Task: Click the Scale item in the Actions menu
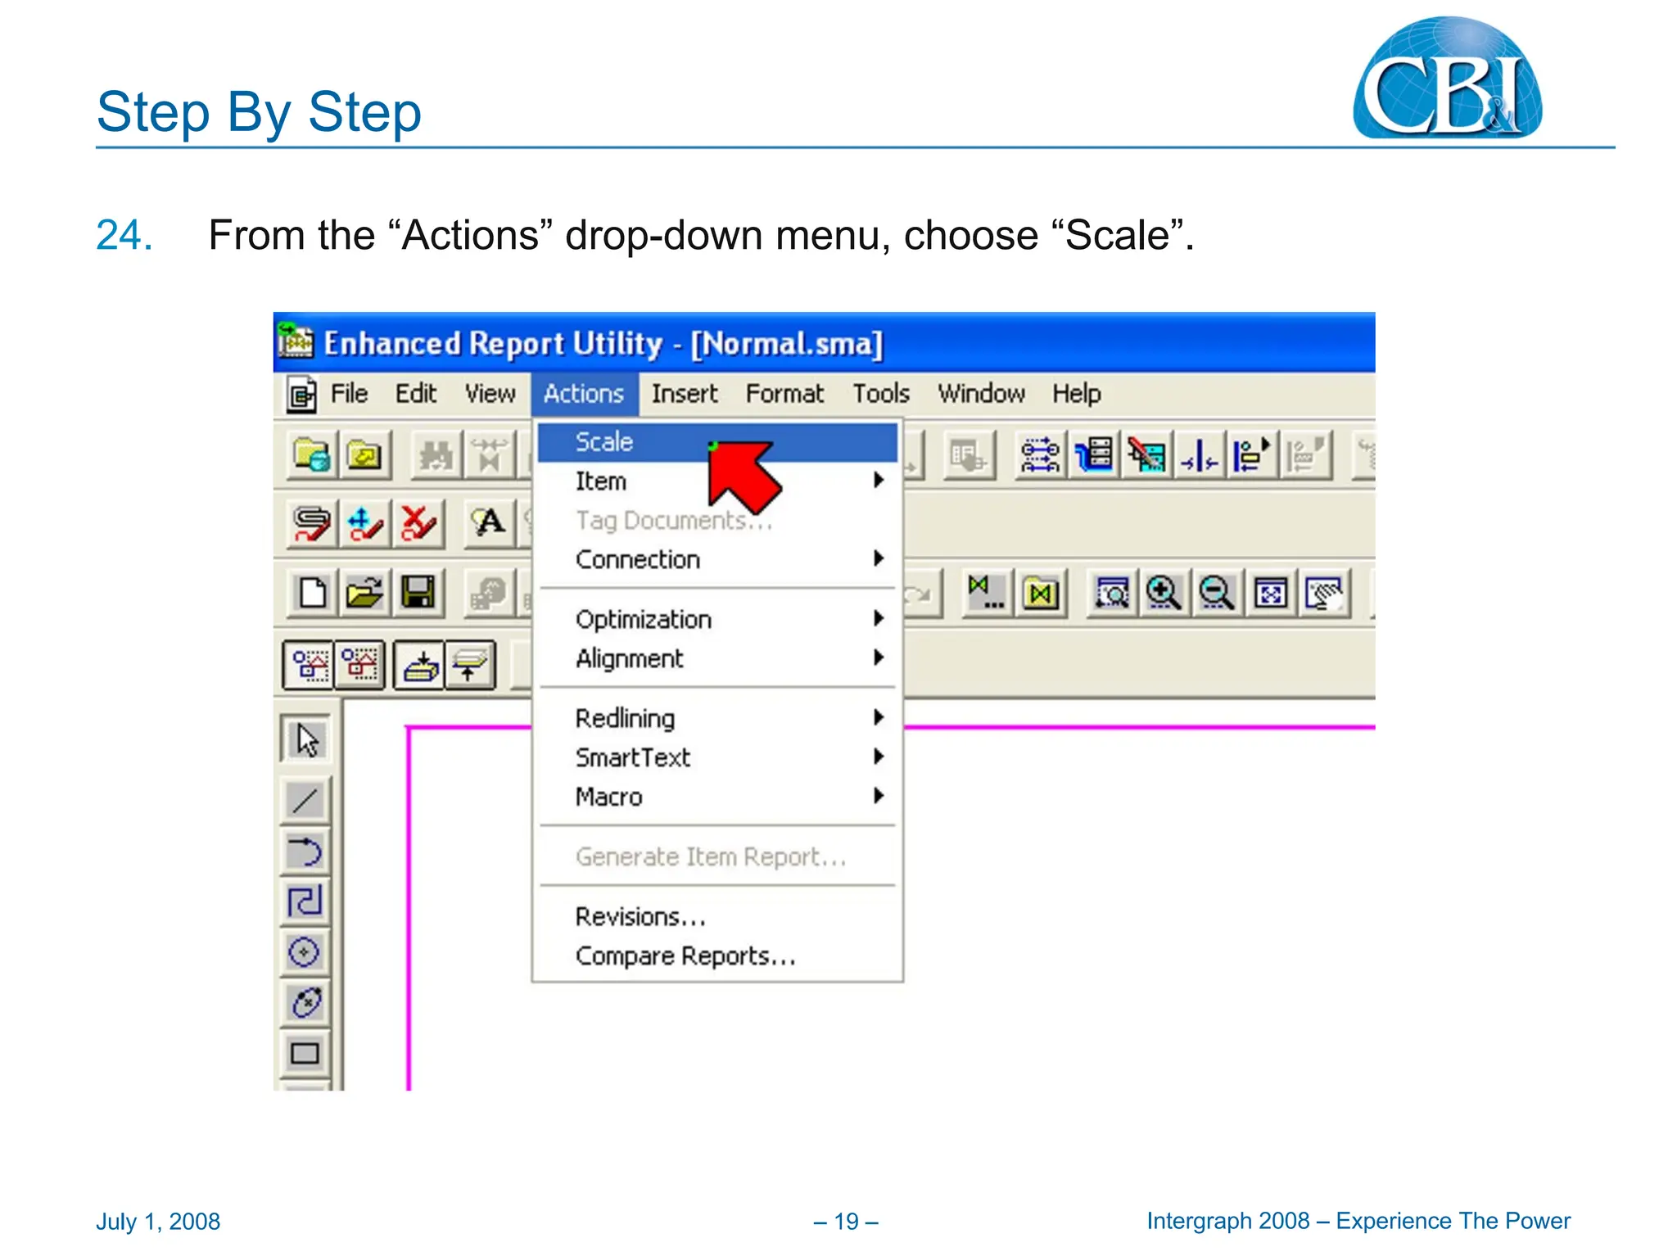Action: (x=604, y=442)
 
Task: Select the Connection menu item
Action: (x=638, y=560)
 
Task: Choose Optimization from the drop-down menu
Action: (x=644, y=620)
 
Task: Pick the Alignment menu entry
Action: (x=629, y=659)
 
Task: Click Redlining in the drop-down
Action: (x=625, y=718)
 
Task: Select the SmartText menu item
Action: (x=633, y=757)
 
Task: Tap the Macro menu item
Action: (x=608, y=797)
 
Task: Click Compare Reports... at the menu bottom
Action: (x=685, y=956)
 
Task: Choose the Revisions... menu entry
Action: (x=640, y=917)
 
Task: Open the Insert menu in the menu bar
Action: (x=684, y=394)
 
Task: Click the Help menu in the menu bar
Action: (x=1076, y=394)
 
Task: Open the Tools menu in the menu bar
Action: (x=881, y=394)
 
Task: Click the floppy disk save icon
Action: (x=418, y=592)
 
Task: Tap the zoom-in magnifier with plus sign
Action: (x=1163, y=592)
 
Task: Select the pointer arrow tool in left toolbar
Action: (x=306, y=740)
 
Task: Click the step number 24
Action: (x=124, y=235)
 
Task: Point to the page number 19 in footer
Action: (x=846, y=1222)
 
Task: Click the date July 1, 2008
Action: (x=158, y=1222)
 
